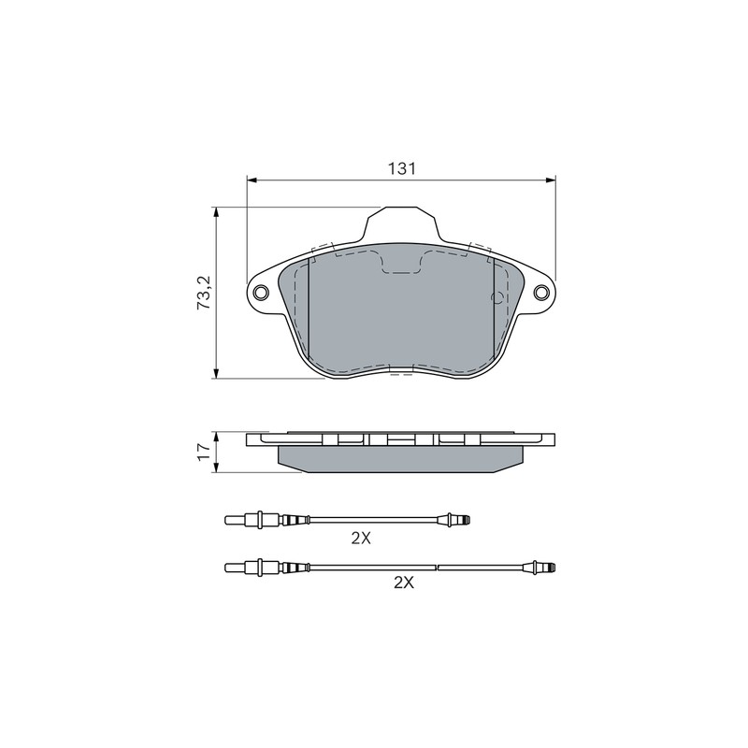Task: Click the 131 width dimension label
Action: pos(401,168)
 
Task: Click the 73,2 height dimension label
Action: pos(205,293)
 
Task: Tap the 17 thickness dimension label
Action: pos(204,452)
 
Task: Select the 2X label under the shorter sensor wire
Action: pos(361,539)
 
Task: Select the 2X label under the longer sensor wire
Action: pos(404,583)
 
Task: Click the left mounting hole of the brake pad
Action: pos(261,292)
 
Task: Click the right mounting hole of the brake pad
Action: pos(542,292)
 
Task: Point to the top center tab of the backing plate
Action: pos(401,223)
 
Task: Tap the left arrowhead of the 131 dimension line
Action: pos(252,180)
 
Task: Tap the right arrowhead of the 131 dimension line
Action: pos(551,180)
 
